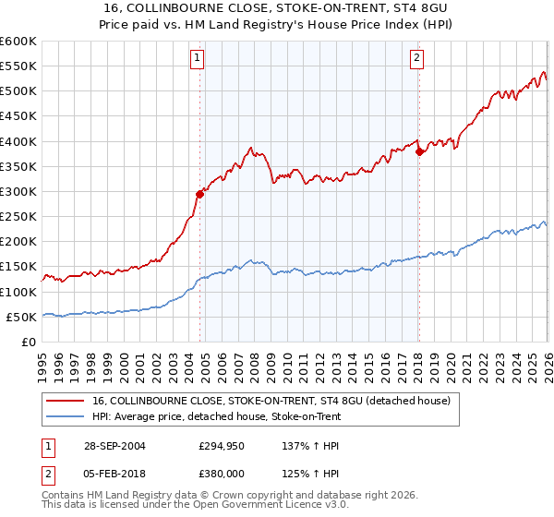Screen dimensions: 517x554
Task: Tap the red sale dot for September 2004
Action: click(199, 193)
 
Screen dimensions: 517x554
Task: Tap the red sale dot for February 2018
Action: click(419, 151)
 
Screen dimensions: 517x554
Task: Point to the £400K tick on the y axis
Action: click(18, 141)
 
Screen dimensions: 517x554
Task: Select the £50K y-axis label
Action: click(21, 317)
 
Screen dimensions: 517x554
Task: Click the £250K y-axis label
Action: click(18, 216)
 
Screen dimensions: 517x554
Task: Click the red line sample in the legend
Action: click(66, 401)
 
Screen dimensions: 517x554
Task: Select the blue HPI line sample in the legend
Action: click(66, 416)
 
